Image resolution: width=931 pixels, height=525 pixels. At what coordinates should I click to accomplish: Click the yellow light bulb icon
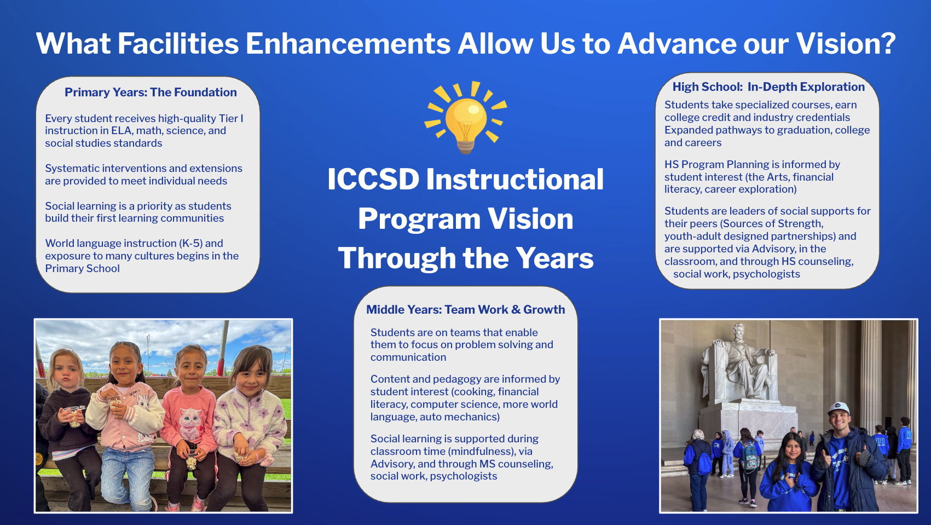coord(465,118)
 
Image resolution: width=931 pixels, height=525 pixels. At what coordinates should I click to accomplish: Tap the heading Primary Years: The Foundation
coord(151,93)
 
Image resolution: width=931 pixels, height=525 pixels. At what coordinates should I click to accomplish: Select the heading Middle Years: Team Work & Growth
coord(465,310)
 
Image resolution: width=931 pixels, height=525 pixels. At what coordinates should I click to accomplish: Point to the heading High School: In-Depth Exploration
coord(768,87)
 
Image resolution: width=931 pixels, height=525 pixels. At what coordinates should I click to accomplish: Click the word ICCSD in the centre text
coord(373,179)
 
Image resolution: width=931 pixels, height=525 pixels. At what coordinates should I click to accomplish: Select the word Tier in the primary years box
coord(228,118)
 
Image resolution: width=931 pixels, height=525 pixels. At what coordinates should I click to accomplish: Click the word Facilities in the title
coord(178,43)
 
